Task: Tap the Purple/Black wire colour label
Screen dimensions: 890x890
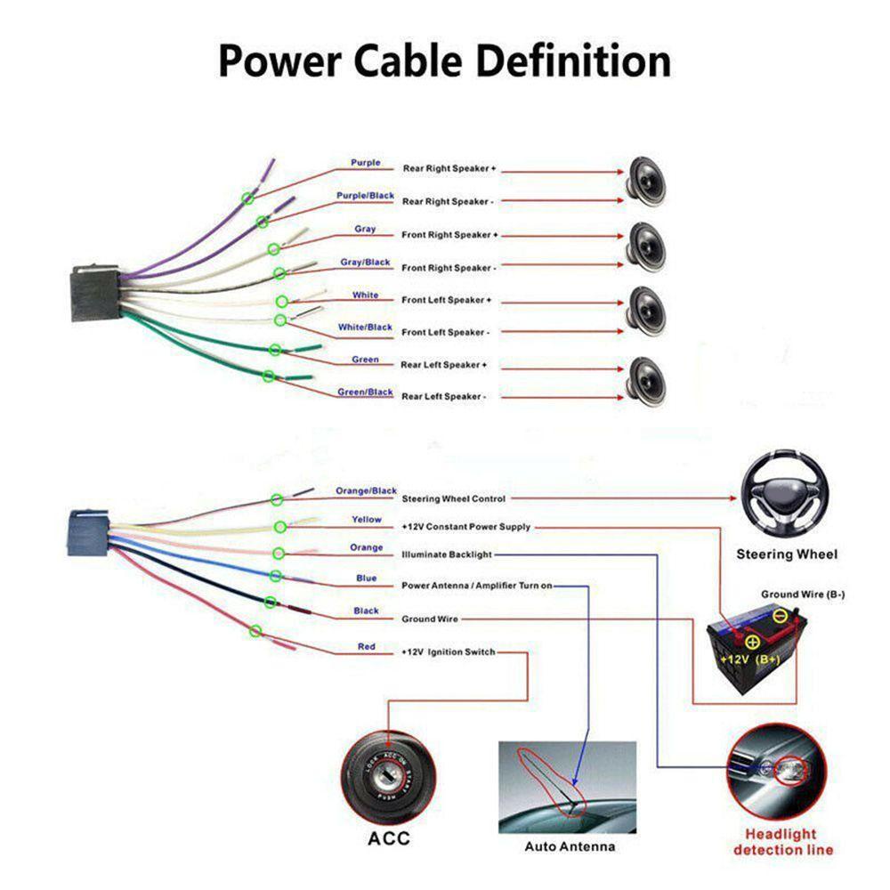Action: (365, 196)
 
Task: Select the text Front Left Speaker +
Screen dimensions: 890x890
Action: (446, 300)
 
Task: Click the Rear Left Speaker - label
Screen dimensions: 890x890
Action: (443, 397)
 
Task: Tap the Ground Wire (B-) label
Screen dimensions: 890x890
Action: (802, 594)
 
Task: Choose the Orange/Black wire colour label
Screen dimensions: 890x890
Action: (366, 491)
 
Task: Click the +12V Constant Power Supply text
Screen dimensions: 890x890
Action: (466, 527)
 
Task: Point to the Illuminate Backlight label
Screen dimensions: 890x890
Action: (447, 554)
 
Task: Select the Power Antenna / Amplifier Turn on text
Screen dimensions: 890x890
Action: (477, 586)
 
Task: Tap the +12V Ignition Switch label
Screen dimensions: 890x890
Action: (449, 652)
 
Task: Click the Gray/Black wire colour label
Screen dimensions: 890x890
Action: (365, 263)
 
